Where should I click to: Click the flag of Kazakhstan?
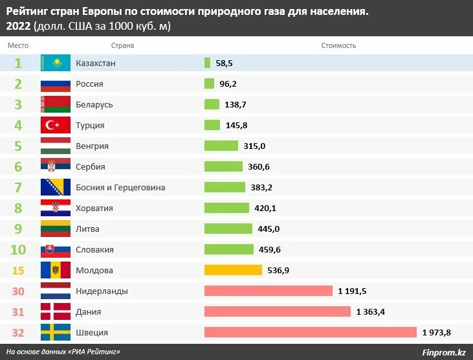click(x=55, y=63)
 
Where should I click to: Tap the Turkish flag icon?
click(x=55, y=125)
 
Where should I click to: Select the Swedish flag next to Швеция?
click(x=55, y=332)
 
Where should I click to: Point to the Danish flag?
click(x=55, y=311)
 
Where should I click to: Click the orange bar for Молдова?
click(x=233, y=270)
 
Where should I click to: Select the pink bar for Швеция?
click(x=310, y=332)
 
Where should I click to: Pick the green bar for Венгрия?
click(x=221, y=146)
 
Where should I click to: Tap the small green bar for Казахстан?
click(x=207, y=63)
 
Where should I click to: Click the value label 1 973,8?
click(x=436, y=332)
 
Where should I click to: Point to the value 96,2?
click(x=228, y=84)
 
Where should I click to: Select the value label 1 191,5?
click(x=352, y=291)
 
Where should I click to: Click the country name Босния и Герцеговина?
click(x=120, y=187)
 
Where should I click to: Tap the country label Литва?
click(x=87, y=229)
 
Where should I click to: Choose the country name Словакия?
click(x=94, y=249)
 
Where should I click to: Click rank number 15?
click(x=18, y=270)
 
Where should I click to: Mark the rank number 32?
click(x=18, y=332)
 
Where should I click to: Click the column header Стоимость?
click(x=338, y=45)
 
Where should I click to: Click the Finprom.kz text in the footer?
click(x=443, y=352)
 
